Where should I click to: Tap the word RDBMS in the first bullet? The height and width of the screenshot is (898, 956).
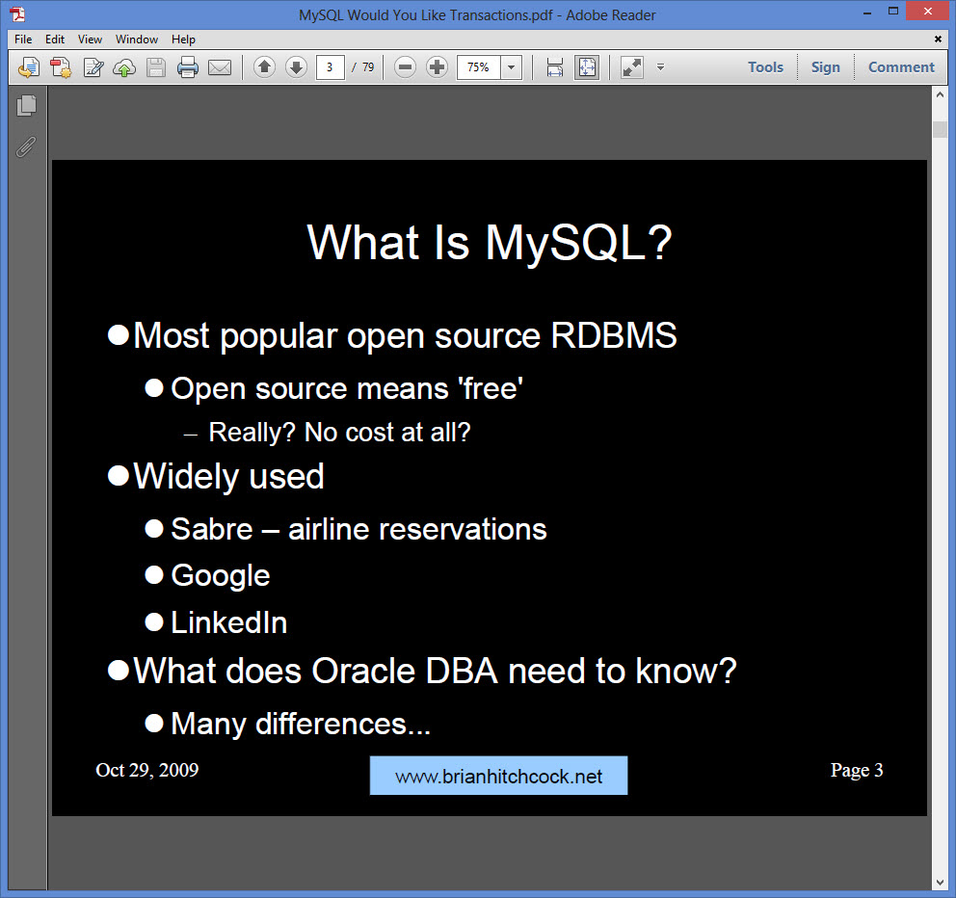pyautogui.click(x=614, y=336)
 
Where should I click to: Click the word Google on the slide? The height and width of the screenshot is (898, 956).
pyautogui.click(x=221, y=576)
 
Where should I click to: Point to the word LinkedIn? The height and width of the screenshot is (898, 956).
pyautogui.click(x=229, y=622)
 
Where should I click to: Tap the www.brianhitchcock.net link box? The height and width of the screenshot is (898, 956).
pyautogui.click(x=498, y=777)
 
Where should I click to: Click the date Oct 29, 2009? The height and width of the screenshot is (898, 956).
pyautogui.click(x=147, y=770)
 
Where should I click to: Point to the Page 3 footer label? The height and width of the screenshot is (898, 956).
pyautogui.click(x=857, y=770)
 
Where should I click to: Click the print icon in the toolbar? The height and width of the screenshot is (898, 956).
pyautogui.click(x=187, y=67)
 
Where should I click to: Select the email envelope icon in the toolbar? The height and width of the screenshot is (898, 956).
pyautogui.click(x=220, y=67)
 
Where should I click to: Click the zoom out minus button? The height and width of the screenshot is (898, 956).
pyautogui.click(x=406, y=67)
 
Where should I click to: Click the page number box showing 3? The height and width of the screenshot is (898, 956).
pyautogui.click(x=331, y=67)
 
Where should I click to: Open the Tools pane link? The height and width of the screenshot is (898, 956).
pyautogui.click(x=765, y=67)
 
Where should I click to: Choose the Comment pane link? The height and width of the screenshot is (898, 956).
pyautogui.click(x=901, y=67)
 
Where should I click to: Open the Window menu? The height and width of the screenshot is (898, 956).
pyautogui.click(x=137, y=40)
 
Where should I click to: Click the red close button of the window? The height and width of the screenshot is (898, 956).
pyautogui.click(x=929, y=12)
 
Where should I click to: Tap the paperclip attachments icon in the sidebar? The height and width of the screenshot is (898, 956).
pyautogui.click(x=26, y=146)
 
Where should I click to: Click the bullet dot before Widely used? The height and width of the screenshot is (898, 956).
pyautogui.click(x=119, y=476)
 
